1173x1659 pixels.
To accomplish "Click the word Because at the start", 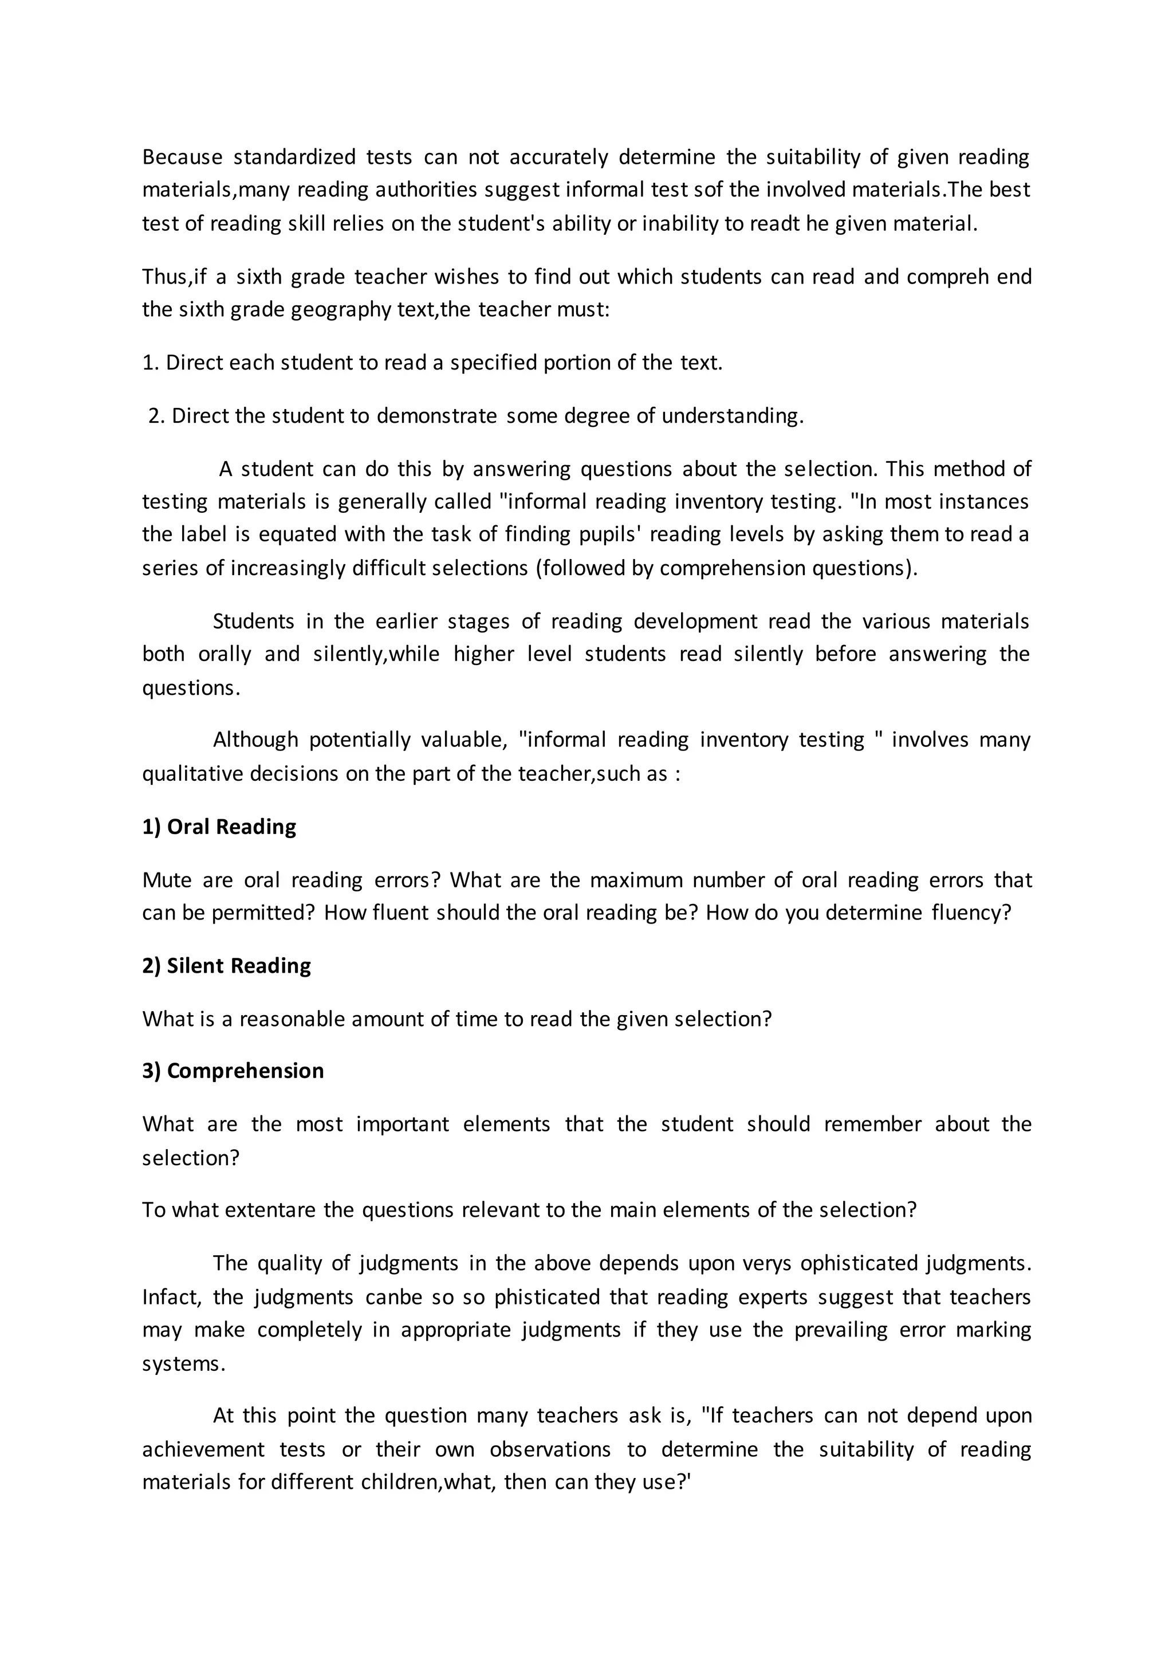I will pyautogui.click(x=182, y=157).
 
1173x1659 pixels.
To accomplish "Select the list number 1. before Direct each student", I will pyautogui.click(x=150, y=363).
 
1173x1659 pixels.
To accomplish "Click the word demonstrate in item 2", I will pyautogui.click(x=437, y=416).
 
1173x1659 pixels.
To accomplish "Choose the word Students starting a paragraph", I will pyautogui.click(x=254, y=622).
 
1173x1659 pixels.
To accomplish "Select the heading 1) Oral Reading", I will pyautogui.click(x=219, y=827).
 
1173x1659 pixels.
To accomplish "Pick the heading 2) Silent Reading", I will pyautogui.click(x=226, y=966).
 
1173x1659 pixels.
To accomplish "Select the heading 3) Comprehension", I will pyautogui.click(x=233, y=1071).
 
